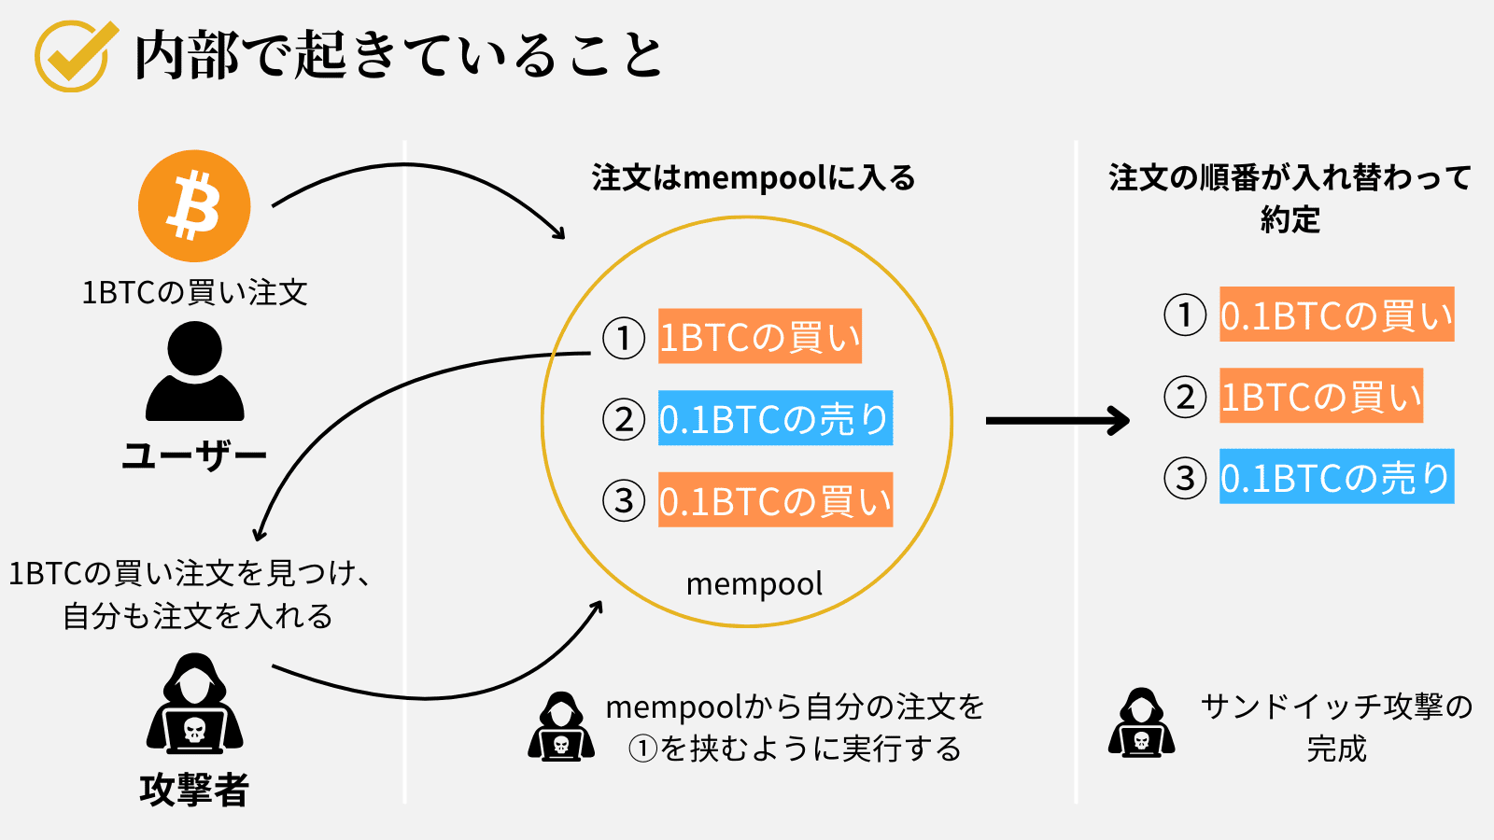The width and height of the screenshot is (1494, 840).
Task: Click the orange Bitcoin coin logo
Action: click(194, 206)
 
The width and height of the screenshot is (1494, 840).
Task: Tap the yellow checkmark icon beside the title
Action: click(74, 55)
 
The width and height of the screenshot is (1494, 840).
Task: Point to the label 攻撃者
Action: click(194, 790)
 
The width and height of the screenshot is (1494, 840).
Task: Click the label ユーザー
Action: click(194, 455)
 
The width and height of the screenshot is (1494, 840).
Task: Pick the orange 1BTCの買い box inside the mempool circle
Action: click(759, 337)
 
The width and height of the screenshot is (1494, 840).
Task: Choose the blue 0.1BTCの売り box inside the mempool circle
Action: click(775, 419)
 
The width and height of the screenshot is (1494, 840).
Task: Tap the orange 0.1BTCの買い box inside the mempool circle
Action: click(775, 501)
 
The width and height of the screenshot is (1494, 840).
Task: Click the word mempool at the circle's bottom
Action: click(754, 584)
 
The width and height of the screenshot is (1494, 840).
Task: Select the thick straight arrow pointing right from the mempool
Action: click(1057, 420)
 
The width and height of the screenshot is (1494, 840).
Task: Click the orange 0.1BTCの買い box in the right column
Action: click(1336, 315)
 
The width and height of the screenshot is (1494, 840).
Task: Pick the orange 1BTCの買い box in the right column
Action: click(1320, 396)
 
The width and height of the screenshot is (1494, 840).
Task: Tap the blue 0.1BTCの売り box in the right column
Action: click(1336, 477)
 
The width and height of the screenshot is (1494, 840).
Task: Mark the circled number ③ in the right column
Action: click(1185, 478)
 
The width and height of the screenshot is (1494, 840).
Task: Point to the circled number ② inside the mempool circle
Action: click(624, 420)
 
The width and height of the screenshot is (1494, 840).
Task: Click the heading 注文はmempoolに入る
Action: click(754, 177)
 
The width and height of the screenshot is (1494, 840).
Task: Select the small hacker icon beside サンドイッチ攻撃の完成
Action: click(1141, 723)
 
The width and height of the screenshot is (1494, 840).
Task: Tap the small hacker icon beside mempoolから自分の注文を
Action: click(560, 727)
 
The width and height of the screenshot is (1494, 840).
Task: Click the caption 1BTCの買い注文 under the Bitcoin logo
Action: click(194, 293)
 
